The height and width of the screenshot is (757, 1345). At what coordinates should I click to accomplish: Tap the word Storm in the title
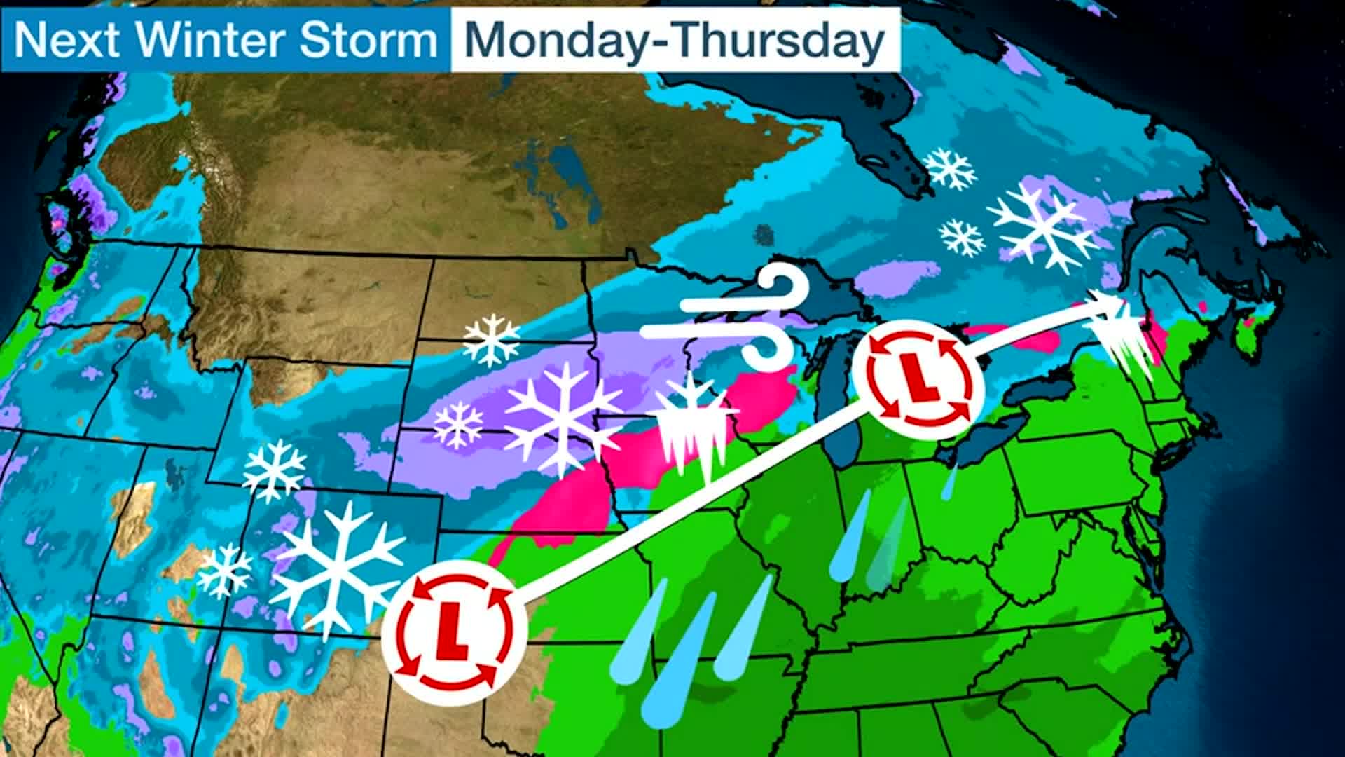[368, 40]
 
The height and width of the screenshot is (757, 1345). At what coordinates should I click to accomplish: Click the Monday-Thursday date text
[674, 40]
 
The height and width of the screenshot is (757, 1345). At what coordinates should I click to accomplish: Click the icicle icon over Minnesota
[694, 428]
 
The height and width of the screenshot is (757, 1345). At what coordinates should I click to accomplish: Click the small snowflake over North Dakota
[492, 340]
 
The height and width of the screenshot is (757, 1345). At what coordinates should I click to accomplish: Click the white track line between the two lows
[690, 507]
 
